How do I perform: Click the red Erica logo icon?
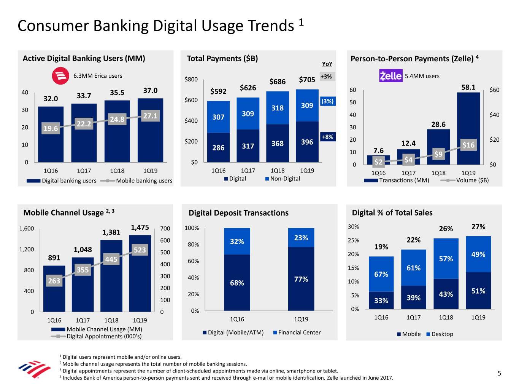pos(60,76)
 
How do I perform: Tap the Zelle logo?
pos(390,76)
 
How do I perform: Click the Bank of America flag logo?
pos(34,370)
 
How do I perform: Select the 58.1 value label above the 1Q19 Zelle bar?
pos(468,87)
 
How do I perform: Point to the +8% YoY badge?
pos(327,137)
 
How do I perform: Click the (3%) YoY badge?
pos(327,101)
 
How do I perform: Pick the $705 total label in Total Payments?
pos(307,80)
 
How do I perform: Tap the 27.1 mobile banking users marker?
pos(150,116)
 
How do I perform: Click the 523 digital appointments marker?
pos(140,250)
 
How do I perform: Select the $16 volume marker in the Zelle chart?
pos(468,145)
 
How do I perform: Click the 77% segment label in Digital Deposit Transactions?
pos(301,279)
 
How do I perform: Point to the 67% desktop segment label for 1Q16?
pos(381,274)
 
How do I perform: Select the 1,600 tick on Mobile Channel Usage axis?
pos(27,229)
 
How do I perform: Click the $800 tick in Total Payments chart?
pos(191,80)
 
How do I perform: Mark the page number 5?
pos(499,373)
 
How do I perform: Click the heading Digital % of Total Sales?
pos(392,213)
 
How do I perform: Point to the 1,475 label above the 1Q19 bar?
pos(140,227)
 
